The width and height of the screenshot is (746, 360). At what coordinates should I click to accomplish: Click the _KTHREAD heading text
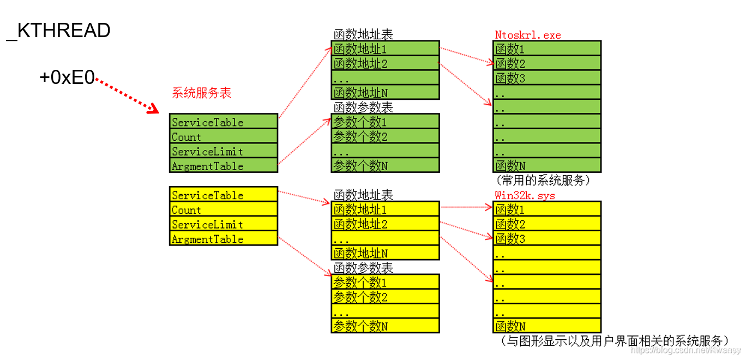click(x=58, y=31)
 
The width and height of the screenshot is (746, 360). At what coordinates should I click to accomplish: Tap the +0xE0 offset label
click(x=67, y=78)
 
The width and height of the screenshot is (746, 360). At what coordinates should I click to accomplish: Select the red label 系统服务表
click(x=202, y=93)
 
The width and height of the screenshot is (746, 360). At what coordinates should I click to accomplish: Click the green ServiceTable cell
click(x=223, y=121)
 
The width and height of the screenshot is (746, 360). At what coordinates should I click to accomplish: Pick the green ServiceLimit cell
click(x=223, y=151)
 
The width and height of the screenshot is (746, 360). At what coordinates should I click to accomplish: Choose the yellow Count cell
click(x=223, y=209)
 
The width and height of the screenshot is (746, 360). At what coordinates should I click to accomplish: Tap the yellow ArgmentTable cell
click(x=223, y=238)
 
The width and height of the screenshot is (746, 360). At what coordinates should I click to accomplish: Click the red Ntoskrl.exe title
click(x=527, y=35)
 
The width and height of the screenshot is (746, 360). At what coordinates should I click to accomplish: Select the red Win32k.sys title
click(x=525, y=195)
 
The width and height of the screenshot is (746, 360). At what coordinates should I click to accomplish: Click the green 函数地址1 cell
click(x=385, y=49)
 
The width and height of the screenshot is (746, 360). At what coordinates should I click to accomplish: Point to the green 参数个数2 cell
click(x=385, y=136)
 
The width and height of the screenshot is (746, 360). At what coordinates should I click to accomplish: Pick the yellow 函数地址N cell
click(x=385, y=253)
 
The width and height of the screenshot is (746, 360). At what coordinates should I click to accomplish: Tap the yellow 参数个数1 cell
click(x=385, y=281)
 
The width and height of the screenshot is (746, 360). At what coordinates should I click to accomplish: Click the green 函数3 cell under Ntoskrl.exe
click(x=546, y=77)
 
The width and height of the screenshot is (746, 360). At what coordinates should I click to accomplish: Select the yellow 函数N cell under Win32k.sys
click(x=546, y=326)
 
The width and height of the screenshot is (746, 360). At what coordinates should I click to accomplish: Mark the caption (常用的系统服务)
click(x=543, y=179)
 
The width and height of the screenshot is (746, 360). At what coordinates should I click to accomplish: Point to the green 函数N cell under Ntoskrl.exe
click(x=546, y=165)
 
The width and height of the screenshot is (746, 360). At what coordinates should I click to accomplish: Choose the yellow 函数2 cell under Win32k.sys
click(x=546, y=224)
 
